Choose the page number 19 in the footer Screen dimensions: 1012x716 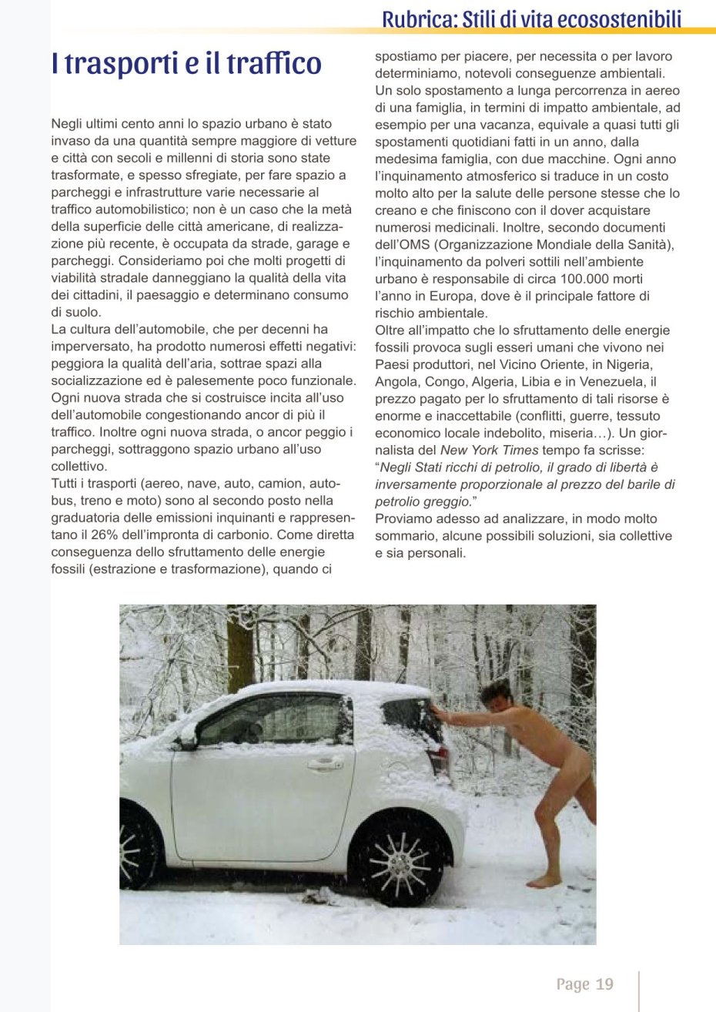point(604,984)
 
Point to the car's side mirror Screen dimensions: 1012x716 point(186,738)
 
